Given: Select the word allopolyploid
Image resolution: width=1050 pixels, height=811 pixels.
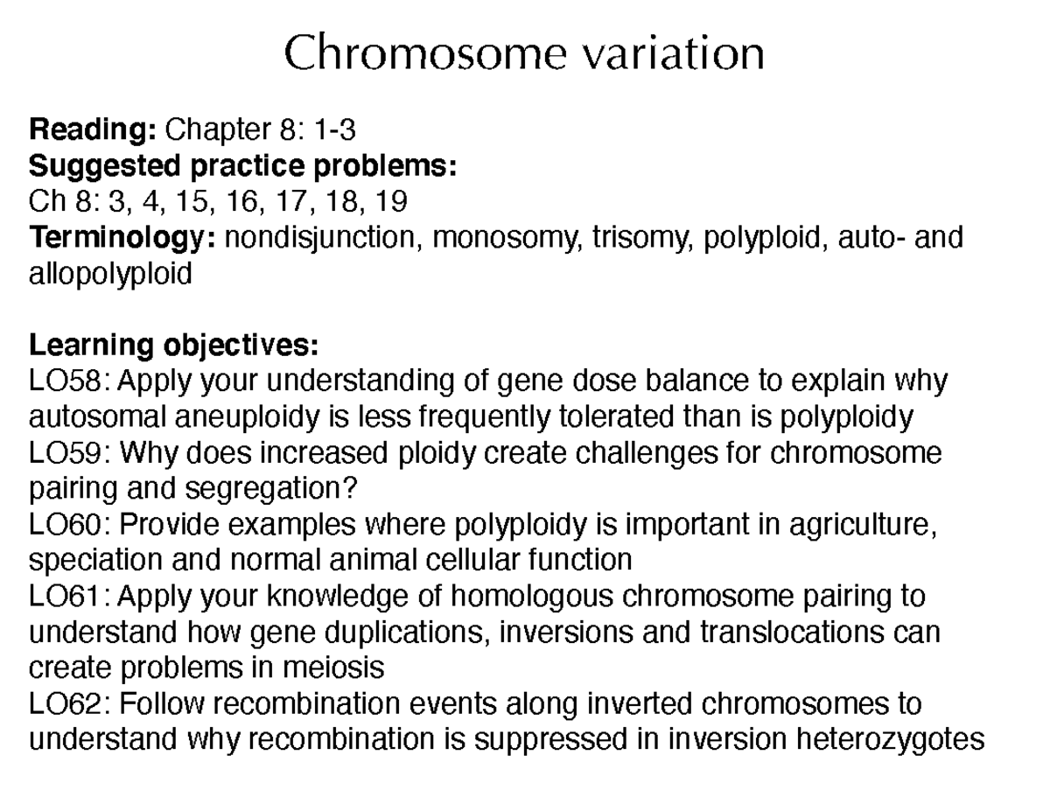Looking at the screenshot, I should pyautogui.click(x=110, y=274).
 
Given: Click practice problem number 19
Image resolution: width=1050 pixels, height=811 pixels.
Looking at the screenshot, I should pyautogui.click(x=390, y=202).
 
